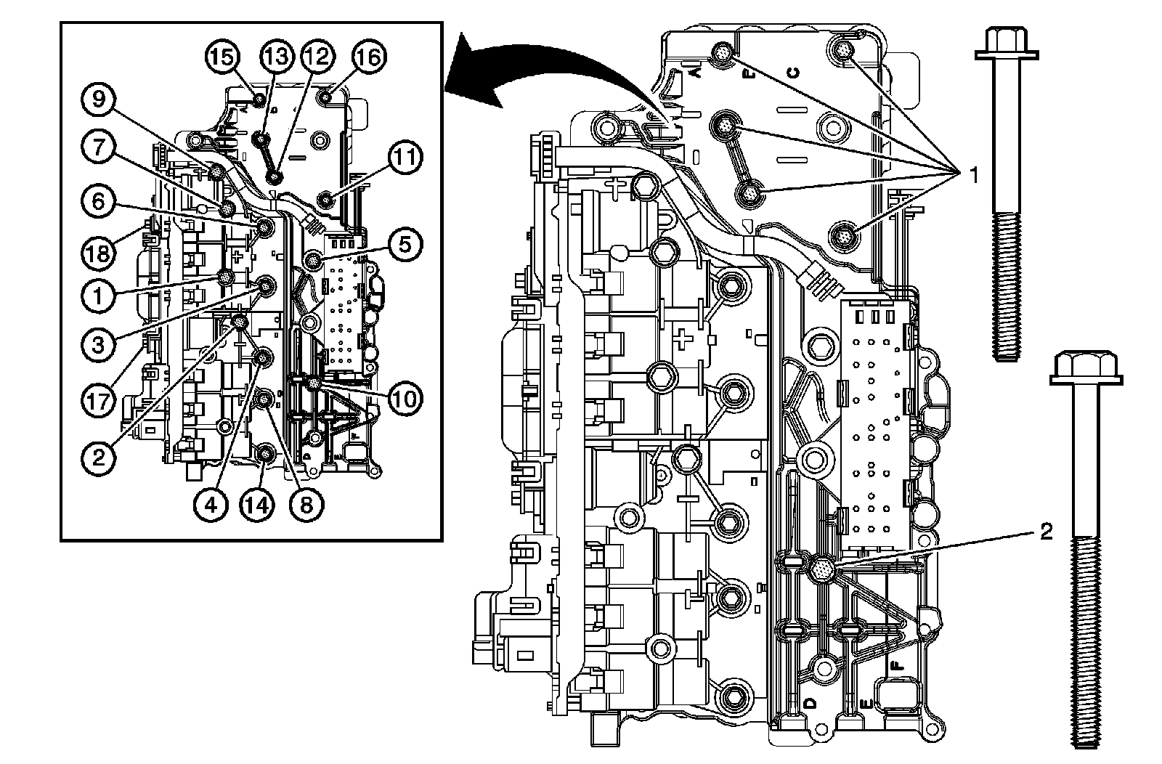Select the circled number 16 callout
[369, 56]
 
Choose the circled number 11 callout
[405, 155]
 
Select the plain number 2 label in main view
[1046, 532]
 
